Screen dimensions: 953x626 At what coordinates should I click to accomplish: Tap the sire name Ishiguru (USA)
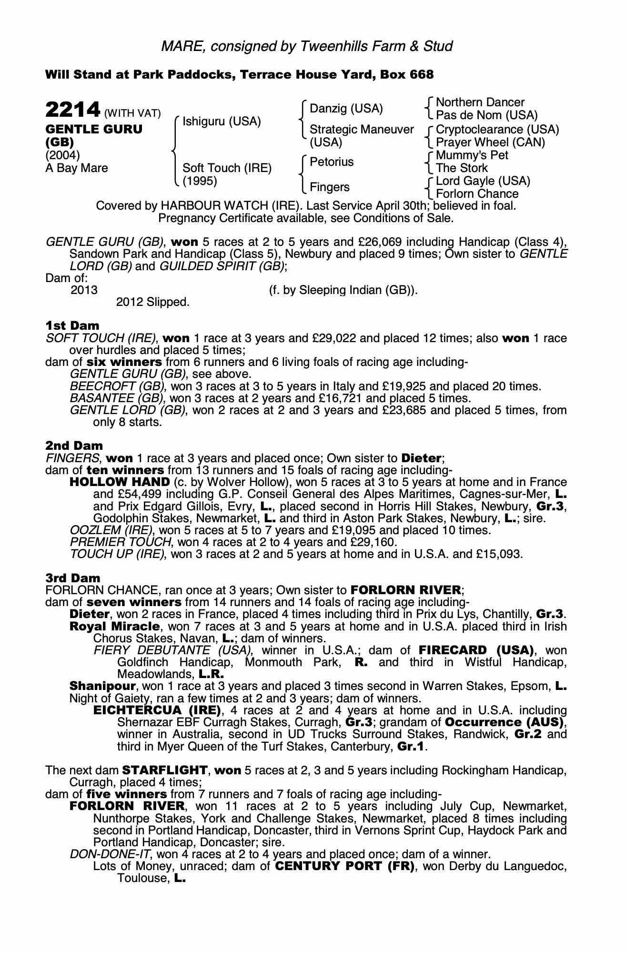pos(222,122)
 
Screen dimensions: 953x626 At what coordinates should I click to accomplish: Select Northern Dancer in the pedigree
pos(480,102)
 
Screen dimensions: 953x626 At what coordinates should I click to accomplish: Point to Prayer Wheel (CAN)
pos(490,142)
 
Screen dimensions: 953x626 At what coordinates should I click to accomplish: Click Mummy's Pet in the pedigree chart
pos(472,155)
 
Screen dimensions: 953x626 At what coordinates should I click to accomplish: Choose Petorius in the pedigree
pos(332,162)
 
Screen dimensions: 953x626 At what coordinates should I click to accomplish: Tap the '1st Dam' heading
pos(72,325)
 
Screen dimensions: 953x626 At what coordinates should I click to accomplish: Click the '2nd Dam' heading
pos(74,446)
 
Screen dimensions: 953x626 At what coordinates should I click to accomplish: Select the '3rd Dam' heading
pos(73,578)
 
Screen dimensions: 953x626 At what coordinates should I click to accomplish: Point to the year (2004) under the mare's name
pos(62,155)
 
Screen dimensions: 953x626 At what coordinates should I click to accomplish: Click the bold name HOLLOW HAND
pos(120,482)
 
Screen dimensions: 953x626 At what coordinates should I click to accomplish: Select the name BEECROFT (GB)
pos(117,386)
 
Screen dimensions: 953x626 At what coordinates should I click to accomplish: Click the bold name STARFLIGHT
pos(165,771)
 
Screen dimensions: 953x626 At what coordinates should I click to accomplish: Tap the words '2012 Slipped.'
pos(153,302)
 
